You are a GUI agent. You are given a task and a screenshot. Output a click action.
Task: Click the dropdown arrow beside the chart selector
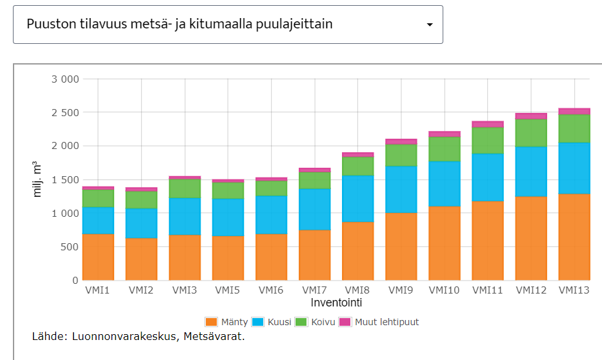tap(430, 25)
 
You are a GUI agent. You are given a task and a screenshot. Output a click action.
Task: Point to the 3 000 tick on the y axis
tap(65, 79)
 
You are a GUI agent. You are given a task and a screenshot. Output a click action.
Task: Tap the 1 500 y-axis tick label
tap(65, 179)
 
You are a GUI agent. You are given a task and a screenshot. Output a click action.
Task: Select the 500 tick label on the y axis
tap(69, 246)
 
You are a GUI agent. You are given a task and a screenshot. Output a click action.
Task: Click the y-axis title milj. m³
tap(38, 179)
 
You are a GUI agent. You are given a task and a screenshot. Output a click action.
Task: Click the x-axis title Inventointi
tap(336, 302)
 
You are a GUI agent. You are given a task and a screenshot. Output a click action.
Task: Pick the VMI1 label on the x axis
tap(98, 290)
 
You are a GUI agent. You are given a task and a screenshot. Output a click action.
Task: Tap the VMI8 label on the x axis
tap(357, 290)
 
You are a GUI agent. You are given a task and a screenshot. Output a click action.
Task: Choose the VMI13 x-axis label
tap(574, 290)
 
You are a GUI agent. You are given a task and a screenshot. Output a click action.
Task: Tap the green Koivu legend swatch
tap(301, 322)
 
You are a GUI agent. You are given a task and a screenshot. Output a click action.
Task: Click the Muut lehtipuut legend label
tap(386, 322)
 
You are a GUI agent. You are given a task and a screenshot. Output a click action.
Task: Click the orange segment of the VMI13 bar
tap(574, 236)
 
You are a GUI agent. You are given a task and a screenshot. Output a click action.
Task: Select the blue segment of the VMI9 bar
tap(401, 189)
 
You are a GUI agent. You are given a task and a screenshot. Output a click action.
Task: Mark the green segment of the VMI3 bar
tap(185, 188)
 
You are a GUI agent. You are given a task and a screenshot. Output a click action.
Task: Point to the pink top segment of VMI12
tap(530, 116)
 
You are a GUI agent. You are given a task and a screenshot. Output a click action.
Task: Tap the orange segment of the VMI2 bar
tap(141, 259)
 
